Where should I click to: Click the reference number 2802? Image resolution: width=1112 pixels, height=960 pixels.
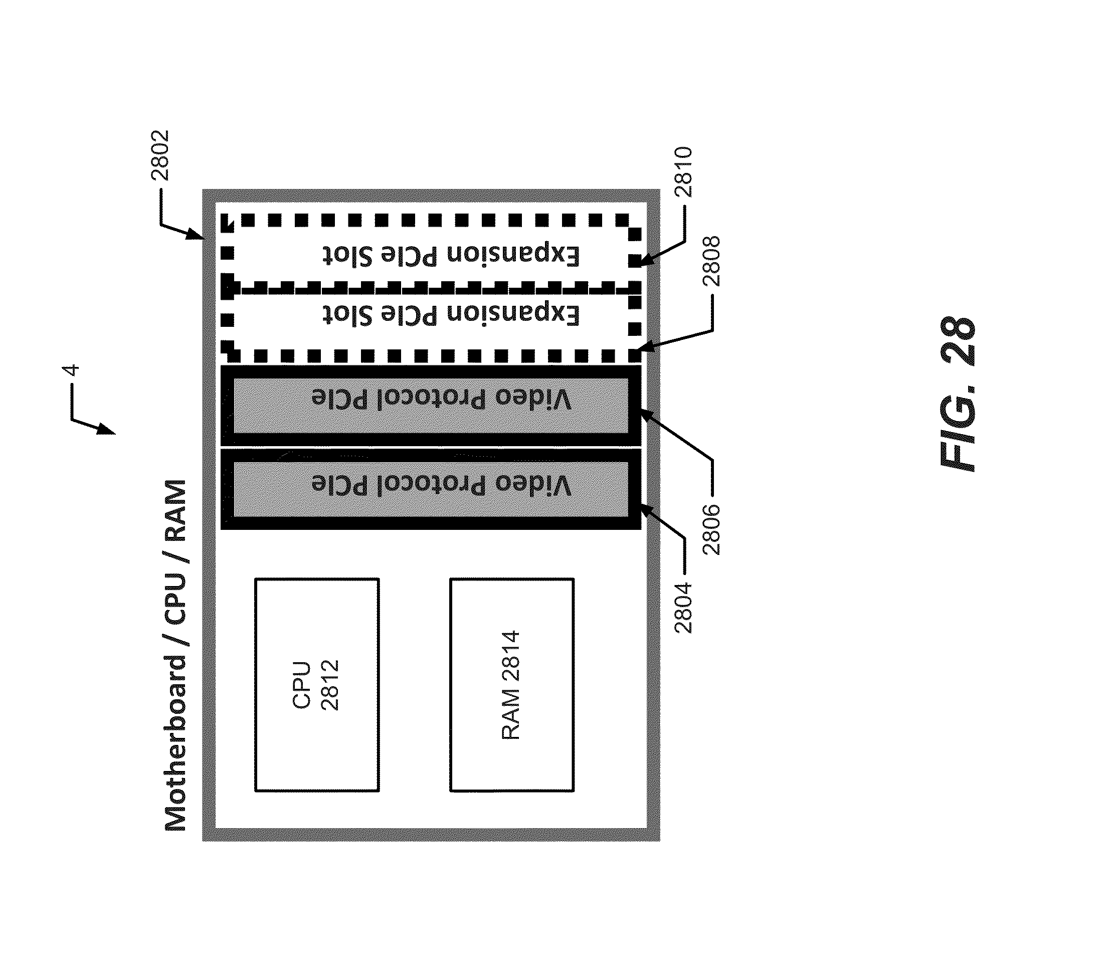click(x=160, y=154)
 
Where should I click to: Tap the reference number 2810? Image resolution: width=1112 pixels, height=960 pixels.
click(x=684, y=172)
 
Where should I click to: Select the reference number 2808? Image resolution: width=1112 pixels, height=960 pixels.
click(x=711, y=261)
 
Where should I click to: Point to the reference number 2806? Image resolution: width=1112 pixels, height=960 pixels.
click(x=711, y=528)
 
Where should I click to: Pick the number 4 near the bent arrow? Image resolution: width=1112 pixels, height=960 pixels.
click(x=71, y=371)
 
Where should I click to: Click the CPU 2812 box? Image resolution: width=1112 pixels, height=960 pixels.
click(x=317, y=684)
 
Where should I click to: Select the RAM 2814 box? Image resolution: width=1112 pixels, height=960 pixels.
click(x=511, y=684)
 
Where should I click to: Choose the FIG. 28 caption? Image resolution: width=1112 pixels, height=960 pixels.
click(x=959, y=394)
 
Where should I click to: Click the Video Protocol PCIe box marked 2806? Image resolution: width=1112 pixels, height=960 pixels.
click(x=431, y=406)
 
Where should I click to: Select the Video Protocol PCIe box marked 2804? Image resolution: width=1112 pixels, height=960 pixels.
click(x=431, y=489)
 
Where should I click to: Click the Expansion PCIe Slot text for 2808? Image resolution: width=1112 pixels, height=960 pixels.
click(x=451, y=314)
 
